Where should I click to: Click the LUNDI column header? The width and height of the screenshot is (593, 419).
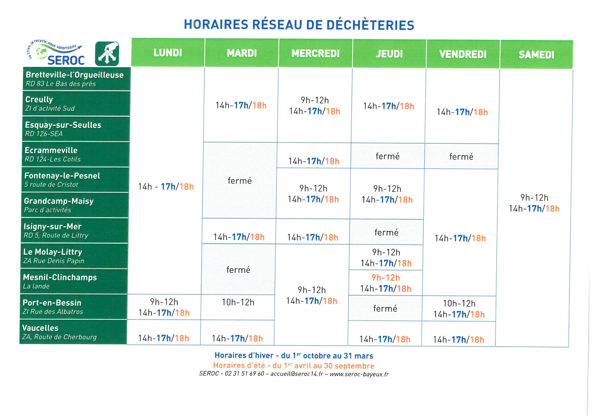[x=168, y=53]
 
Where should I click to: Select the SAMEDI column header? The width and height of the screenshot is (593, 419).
[x=536, y=55]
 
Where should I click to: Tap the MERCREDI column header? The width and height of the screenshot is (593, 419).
[x=315, y=53]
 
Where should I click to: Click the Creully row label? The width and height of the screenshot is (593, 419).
[x=76, y=103]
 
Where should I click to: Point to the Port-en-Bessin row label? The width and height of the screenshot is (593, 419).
[x=74, y=307]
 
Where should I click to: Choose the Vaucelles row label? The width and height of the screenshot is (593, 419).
[x=73, y=332]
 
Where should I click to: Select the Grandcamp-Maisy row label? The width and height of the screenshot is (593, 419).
[x=75, y=205]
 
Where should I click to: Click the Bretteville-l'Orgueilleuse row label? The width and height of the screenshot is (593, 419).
[x=76, y=79]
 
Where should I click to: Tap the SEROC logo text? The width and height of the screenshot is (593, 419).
[x=66, y=60]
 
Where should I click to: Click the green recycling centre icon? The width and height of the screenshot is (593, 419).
[x=107, y=54]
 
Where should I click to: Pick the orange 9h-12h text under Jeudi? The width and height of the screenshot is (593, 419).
[x=386, y=278]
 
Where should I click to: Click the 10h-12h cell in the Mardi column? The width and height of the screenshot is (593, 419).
[x=238, y=302]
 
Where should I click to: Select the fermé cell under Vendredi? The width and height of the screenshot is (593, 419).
[x=461, y=156]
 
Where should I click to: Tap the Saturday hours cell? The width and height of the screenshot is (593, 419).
[x=534, y=203]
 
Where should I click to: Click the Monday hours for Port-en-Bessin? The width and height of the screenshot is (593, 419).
[x=164, y=307]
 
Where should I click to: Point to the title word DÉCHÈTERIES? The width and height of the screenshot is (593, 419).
[x=370, y=25]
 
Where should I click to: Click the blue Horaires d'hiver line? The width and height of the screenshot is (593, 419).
[x=294, y=355]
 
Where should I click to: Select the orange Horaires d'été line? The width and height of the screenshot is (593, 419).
[x=294, y=366]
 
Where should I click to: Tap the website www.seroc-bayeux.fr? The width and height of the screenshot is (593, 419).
[x=359, y=374]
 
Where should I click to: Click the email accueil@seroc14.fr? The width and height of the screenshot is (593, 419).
[x=297, y=374]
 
